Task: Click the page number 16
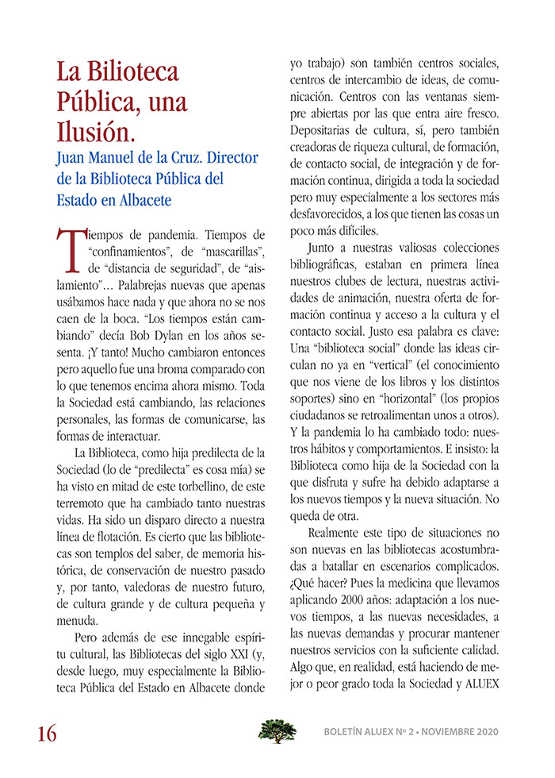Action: [46, 733]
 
